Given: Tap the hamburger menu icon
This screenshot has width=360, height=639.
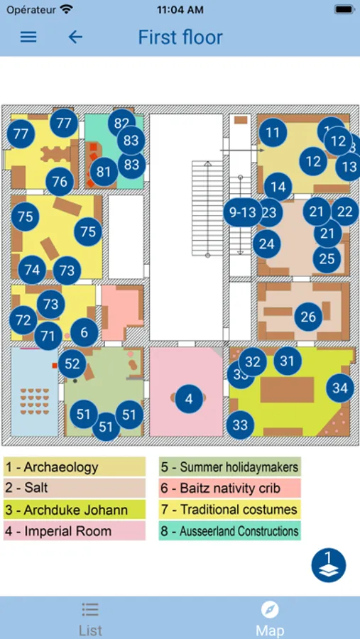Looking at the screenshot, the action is coord(28,37).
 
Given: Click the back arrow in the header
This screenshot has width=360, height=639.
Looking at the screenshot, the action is coord(75,37).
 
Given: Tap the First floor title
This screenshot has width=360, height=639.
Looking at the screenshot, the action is coord(180,38).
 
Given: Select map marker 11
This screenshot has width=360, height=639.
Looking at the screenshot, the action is coord(273,133).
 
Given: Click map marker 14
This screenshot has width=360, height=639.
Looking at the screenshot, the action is coord(278,187).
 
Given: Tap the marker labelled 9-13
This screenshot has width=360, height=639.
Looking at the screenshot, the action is coord(243,212).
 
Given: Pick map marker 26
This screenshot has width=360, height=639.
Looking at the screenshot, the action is coord(308,317).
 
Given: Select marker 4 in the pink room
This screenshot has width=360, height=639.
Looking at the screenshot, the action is coord(189,398).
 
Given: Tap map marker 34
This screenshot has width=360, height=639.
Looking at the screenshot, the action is coord(340,388).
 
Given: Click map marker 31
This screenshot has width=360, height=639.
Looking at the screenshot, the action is coord(288,361).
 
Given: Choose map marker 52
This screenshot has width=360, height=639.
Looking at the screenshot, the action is coord(72,364).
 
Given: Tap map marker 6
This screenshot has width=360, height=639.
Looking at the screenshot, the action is coord(84,332).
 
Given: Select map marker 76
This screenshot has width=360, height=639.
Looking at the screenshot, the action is coord(60,181).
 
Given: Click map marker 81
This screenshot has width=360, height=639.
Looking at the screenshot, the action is coord(103,172).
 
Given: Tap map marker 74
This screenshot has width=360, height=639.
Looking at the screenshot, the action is coord(32,270).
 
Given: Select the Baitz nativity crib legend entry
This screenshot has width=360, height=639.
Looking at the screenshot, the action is coord(230,488).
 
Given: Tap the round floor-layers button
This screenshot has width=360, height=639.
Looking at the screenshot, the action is coord(329,565).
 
